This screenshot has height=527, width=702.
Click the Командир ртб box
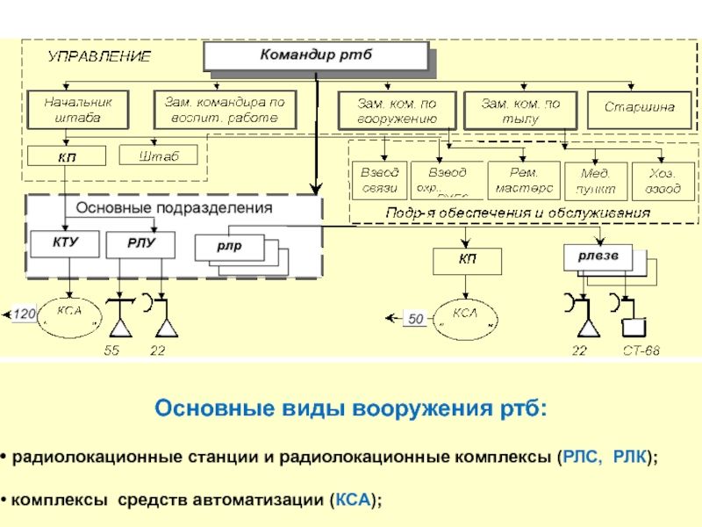317,56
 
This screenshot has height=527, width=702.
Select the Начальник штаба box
78,109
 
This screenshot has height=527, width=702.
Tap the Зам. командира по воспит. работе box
226,109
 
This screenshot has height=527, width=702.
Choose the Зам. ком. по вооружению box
397,110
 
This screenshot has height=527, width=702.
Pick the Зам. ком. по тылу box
520,110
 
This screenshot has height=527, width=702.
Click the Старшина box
639,107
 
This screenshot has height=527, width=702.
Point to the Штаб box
159,155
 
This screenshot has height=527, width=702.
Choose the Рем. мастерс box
523,179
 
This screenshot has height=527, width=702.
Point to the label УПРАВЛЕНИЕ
99,56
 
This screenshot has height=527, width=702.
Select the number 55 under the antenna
111,351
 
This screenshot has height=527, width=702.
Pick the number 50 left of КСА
416,320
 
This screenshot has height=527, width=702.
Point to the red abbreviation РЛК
630,458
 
